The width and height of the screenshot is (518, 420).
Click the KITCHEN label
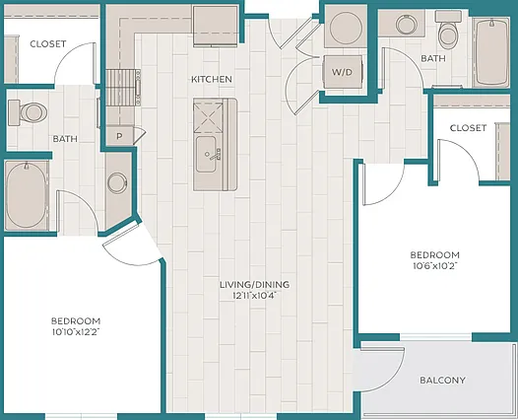coord(212,80)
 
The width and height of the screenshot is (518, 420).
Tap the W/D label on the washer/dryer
coord(343,72)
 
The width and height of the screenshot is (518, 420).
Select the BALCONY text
coord(442,381)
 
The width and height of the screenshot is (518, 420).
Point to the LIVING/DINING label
coord(255,284)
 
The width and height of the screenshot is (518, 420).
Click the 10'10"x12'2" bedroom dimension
coord(76,332)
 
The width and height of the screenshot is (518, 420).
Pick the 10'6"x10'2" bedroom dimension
coord(434,266)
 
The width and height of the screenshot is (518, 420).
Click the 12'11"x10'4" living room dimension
coord(255,296)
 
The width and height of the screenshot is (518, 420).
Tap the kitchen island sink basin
coord(207,155)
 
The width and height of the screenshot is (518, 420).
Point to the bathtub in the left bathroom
coord(27,195)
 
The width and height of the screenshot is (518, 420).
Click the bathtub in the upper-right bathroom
coord(491,52)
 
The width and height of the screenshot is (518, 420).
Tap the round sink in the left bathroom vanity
coord(117,182)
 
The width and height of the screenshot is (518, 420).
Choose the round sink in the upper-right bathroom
coord(407,24)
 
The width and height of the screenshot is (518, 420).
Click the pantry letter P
coord(119,136)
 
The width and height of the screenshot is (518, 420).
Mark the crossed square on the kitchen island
coord(209,117)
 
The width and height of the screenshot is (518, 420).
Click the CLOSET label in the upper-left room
coord(48,44)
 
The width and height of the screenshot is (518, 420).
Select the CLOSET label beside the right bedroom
coord(468,128)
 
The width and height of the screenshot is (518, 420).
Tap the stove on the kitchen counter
coord(123,88)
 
